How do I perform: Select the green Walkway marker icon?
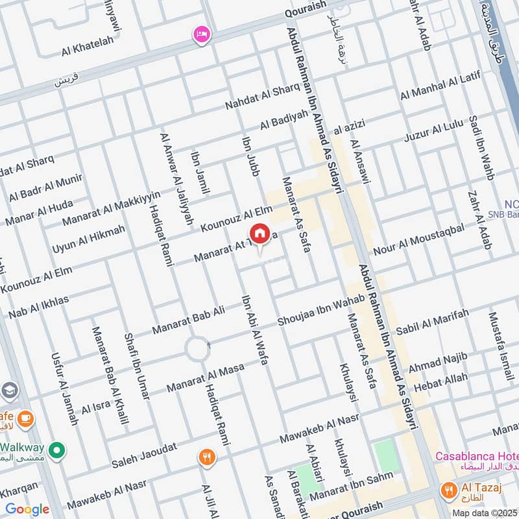point(57,449)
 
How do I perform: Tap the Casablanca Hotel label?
point(476,457)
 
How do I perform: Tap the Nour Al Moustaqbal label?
point(419,240)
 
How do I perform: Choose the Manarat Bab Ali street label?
point(188,320)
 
